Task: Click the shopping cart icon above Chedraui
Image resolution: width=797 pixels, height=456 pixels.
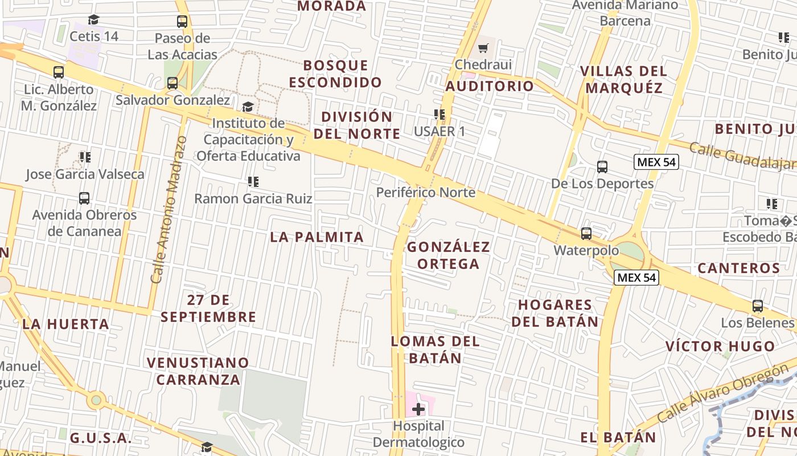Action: pyautogui.click(x=483, y=48)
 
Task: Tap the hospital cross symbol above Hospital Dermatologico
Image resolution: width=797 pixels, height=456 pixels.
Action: pyautogui.click(x=418, y=409)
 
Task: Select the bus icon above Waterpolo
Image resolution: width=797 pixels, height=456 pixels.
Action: pyautogui.click(x=586, y=234)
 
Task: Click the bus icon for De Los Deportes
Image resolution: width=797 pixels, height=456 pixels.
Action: pyautogui.click(x=602, y=167)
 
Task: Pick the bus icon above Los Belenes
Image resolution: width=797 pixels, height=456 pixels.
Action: pyautogui.click(x=757, y=306)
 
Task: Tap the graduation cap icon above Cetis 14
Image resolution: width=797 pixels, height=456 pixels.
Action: pyautogui.click(x=94, y=20)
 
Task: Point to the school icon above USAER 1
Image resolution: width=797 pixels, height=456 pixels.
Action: pyautogui.click(x=439, y=115)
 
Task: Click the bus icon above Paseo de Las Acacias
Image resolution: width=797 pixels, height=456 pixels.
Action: pyautogui.click(x=182, y=22)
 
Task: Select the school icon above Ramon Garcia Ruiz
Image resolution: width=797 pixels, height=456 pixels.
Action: pyautogui.click(x=253, y=182)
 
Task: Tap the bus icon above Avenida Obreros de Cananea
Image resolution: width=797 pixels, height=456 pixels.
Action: pyautogui.click(x=84, y=198)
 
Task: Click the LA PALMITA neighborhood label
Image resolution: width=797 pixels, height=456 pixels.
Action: pyautogui.click(x=317, y=237)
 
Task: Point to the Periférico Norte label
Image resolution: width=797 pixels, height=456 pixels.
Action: pyautogui.click(x=425, y=193)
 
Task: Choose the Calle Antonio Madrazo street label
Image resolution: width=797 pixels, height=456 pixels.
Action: pyautogui.click(x=169, y=210)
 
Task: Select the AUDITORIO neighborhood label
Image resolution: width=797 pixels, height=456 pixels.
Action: pyautogui.click(x=490, y=86)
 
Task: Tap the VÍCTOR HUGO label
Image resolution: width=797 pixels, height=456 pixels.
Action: pyautogui.click(x=720, y=346)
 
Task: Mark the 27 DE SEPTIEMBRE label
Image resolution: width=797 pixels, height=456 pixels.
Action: pyautogui.click(x=208, y=308)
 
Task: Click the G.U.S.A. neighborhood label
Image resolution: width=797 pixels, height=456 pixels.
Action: pyautogui.click(x=101, y=438)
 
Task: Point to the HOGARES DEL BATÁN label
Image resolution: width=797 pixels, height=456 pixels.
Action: pyautogui.click(x=555, y=313)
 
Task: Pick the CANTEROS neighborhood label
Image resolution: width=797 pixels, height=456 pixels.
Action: pyautogui.click(x=738, y=268)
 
